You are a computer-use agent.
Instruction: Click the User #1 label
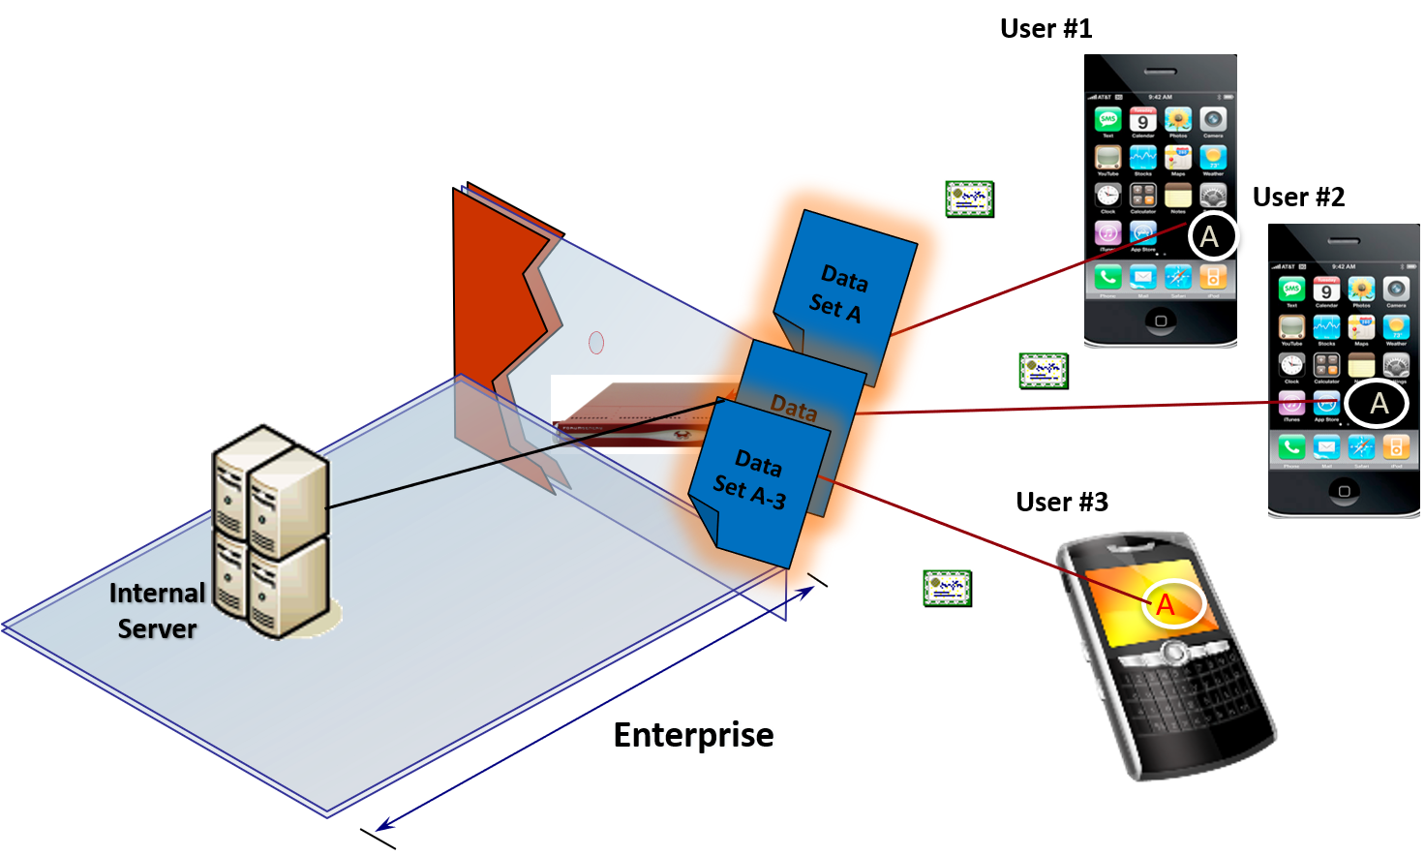click(1046, 29)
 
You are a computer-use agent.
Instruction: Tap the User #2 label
click(1298, 198)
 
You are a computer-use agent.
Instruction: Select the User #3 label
click(1061, 502)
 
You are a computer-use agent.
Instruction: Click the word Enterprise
click(693, 735)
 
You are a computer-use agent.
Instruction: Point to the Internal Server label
click(157, 610)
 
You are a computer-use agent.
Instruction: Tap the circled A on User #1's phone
click(1209, 236)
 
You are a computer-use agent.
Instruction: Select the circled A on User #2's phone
click(1379, 404)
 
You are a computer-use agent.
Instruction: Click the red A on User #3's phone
click(1166, 605)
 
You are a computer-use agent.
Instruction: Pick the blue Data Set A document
click(842, 290)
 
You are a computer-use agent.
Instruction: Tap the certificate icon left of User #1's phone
click(969, 199)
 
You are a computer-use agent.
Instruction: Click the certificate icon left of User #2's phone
click(1044, 371)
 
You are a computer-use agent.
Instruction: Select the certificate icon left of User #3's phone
click(947, 588)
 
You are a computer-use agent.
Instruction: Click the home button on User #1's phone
click(1161, 321)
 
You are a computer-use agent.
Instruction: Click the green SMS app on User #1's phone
click(1107, 120)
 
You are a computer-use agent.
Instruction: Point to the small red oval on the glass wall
click(596, 342)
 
